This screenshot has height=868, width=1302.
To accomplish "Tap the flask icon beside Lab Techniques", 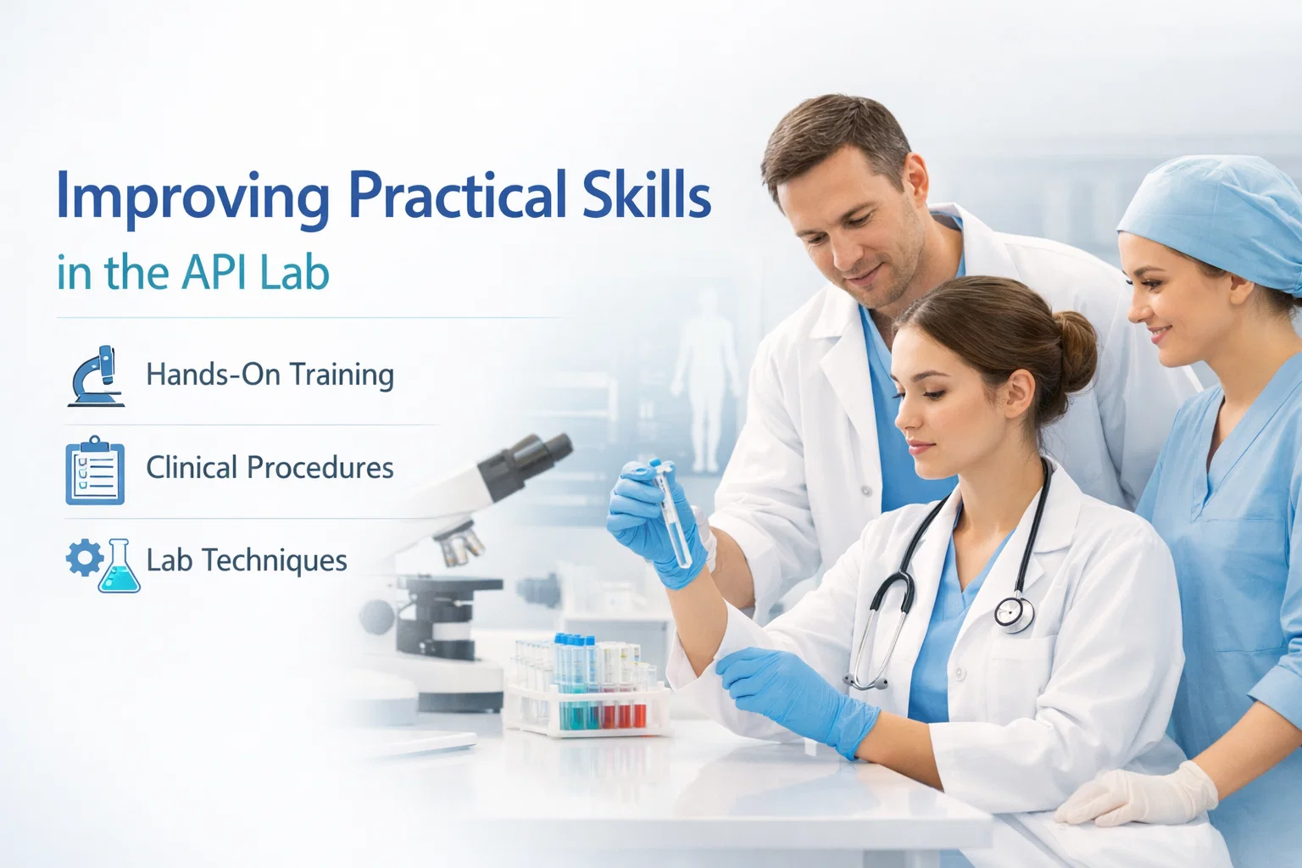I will pyautogui.click(x=119, y=566).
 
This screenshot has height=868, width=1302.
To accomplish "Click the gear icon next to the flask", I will pyautogui.click(x=83, y=559).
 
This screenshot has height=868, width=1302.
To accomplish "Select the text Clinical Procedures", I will pyautogui.click(x=270, y=467).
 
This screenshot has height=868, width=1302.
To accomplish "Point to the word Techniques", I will pyautogui.click(x=275, y=560).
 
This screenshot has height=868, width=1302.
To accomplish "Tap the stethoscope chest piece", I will pyautogui.click(x=1013, y=612).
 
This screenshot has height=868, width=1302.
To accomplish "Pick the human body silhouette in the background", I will pyautogui.click(x=703, y=373).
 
